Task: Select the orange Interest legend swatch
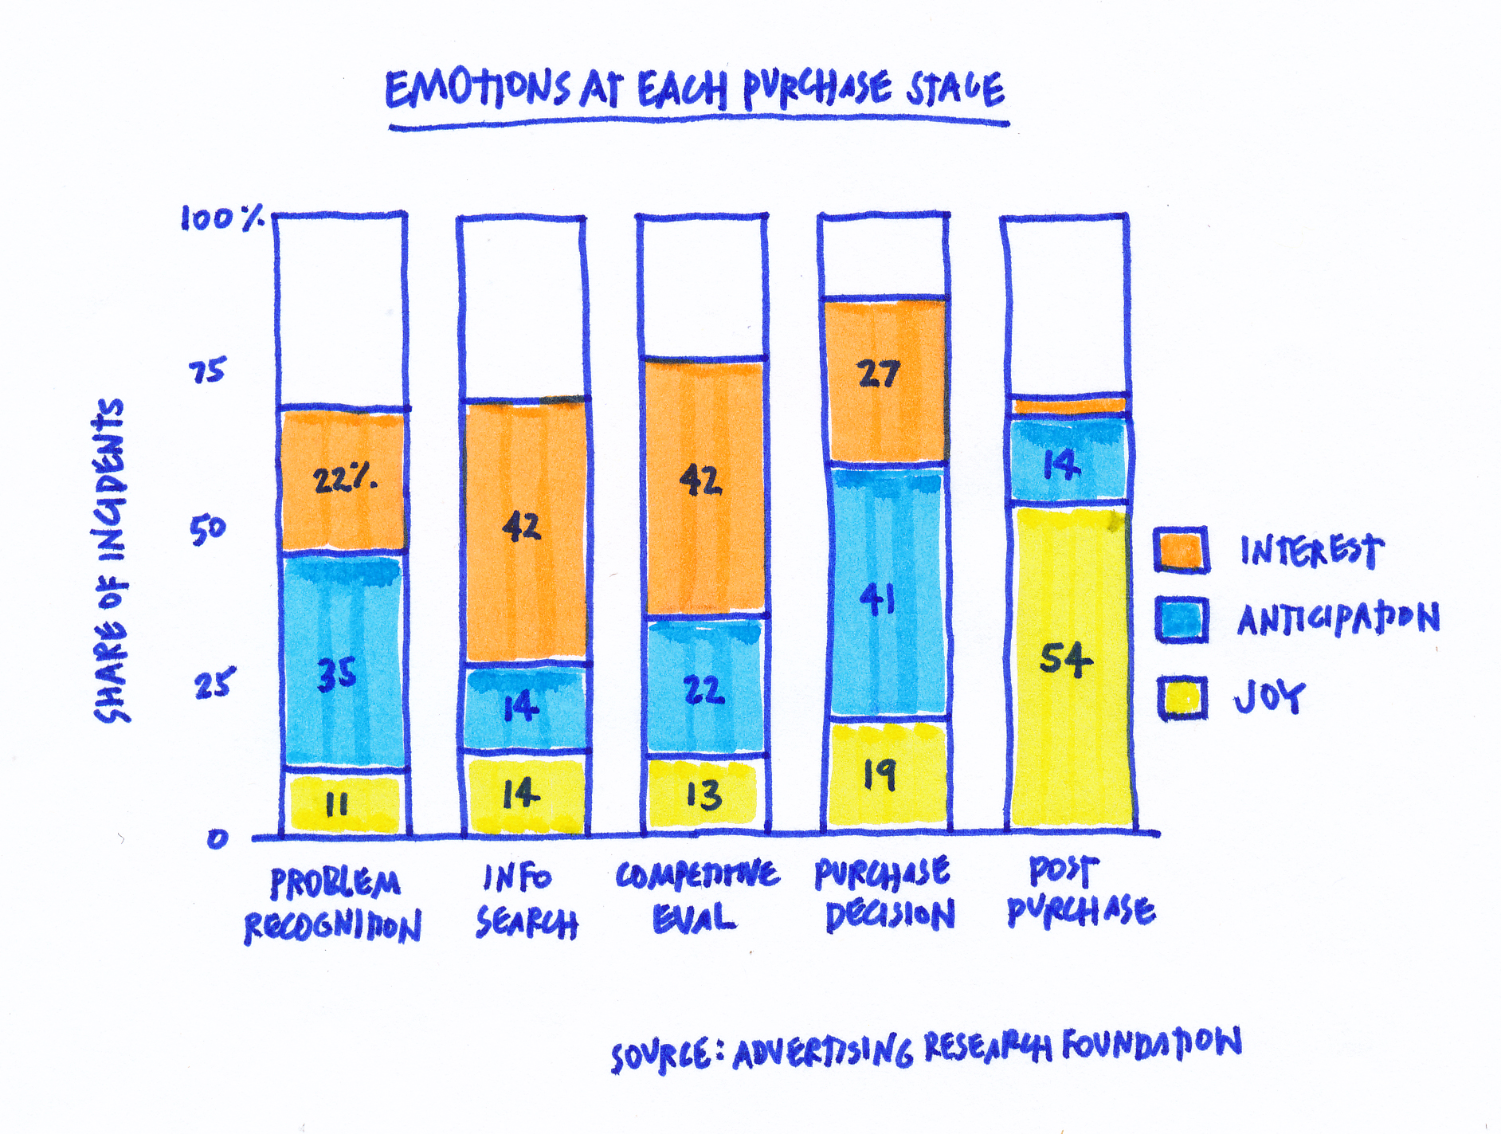[x=1182, y=550]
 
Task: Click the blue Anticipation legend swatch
[x=1182, y=619]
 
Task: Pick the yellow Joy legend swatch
[x=1182, y=698]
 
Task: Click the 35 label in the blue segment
[x=336, y=673]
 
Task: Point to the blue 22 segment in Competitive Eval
[x=704, y=689]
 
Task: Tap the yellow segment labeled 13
[x=703, y=795]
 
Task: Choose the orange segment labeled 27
[x=881, y=375]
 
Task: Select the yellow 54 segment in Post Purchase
[x=1068, y=660]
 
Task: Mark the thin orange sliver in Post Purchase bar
[x=1068, y=406]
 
